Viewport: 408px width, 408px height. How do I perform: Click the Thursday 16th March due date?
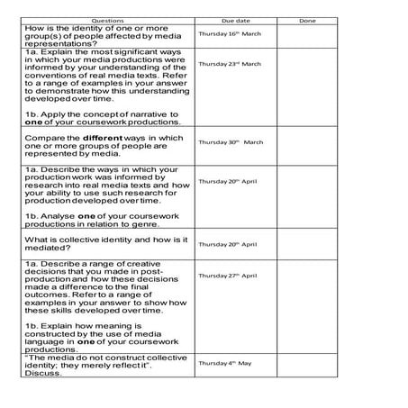point(231,32)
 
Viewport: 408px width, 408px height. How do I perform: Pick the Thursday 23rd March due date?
point(230,64)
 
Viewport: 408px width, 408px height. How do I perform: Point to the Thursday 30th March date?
point(231,142)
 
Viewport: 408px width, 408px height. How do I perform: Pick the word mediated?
point(49,248)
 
